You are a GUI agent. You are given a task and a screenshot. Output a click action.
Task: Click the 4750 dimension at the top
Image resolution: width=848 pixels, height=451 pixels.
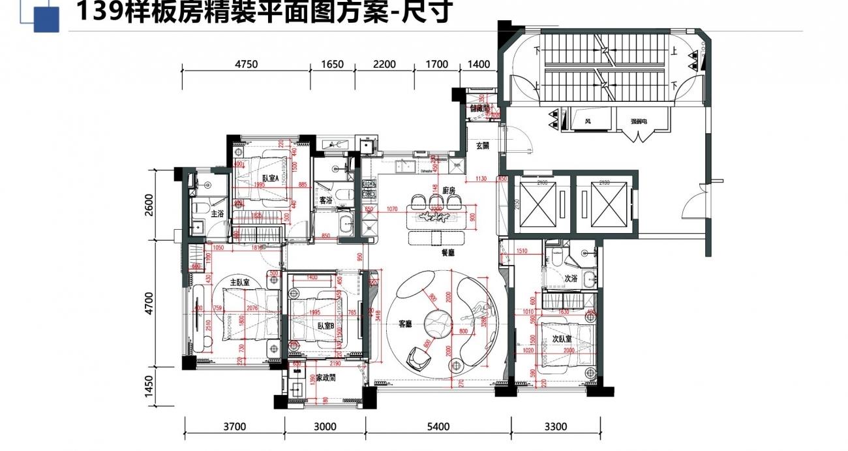[x=247, y=64]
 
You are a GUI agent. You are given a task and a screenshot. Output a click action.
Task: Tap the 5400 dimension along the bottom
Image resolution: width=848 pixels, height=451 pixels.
[x=438, y=428]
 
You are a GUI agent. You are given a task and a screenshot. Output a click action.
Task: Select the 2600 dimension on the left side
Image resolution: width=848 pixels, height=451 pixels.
[x=149, y=204]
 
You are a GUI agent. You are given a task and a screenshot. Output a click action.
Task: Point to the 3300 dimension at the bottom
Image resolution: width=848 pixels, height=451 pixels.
[x=555, y=428]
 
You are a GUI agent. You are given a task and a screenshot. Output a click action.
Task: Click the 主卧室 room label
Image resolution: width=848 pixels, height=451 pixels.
[x=241, y=283]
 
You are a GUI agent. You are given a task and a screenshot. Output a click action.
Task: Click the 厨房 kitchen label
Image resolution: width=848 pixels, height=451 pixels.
[x=438, y=189]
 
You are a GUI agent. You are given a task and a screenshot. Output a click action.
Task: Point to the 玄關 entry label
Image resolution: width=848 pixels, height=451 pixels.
[x=482, y=146]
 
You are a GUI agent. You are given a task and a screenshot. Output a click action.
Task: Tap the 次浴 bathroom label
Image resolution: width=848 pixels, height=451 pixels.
[x=571, y=278]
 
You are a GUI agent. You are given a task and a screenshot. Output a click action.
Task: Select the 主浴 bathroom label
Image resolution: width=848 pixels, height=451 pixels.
[x=217, y=213]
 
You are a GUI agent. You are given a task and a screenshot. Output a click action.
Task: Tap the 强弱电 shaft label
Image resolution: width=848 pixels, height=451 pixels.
[x=639, y=121]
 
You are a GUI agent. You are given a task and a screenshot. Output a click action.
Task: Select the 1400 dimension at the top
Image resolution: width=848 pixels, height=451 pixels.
[x=479, y=64]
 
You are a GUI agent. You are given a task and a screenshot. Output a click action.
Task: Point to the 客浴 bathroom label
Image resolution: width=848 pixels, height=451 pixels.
[x=325, y=200]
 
